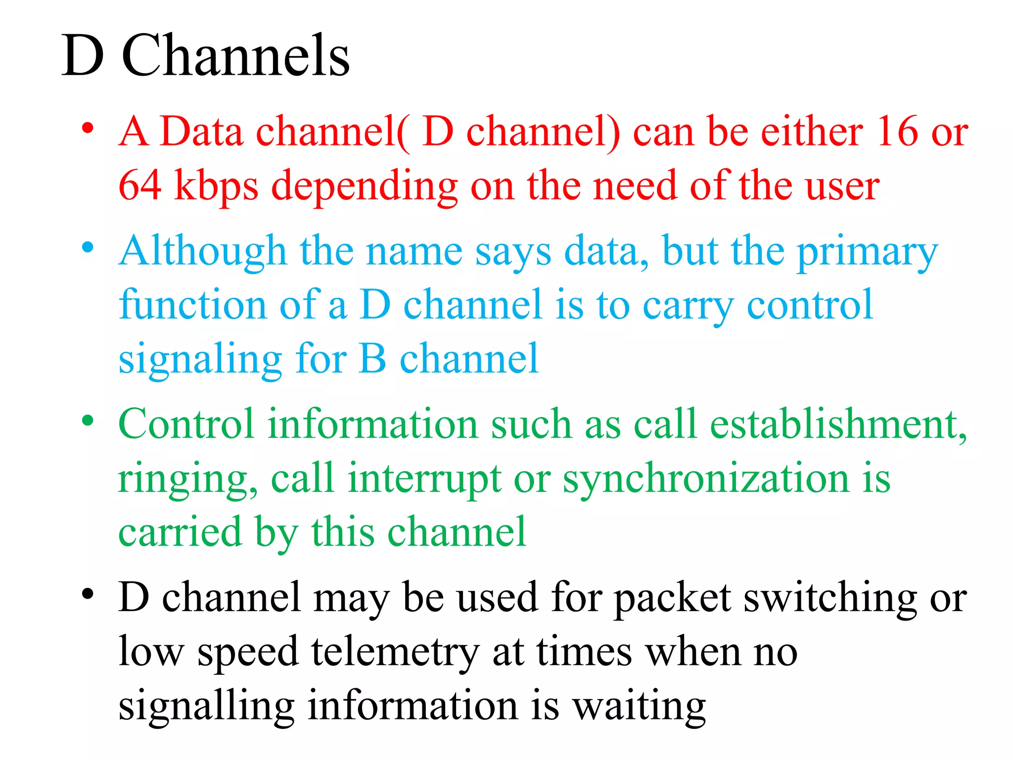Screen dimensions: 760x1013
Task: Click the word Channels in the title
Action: [235, 55]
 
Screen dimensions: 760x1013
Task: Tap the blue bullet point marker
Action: [88, 247]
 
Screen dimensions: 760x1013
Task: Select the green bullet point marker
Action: [88, 421]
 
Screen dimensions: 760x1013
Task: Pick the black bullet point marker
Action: [88, 593]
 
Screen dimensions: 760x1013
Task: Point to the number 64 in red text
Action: [140, 185]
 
